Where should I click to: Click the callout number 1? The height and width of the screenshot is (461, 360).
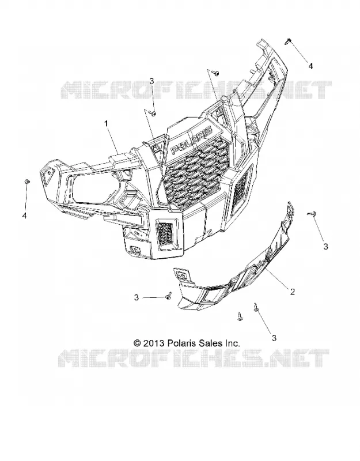[x=106, y=123]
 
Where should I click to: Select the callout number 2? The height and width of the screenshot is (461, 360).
[x=292, y=292]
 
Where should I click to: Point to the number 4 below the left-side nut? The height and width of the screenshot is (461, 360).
[x=24, y=216]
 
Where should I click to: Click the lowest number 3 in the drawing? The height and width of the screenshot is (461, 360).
[x=274, y=338]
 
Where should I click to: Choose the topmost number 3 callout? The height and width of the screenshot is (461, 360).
[x=151, y=81]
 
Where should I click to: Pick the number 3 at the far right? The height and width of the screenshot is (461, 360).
[x=325, y=247]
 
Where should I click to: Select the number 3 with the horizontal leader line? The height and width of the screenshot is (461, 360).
[x=137, y=297]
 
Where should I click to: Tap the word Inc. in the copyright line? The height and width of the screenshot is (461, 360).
[x=232, y=343]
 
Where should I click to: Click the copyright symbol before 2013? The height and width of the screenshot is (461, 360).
[x=138, y=343]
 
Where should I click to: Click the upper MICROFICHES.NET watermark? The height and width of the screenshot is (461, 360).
[x=196, y=90]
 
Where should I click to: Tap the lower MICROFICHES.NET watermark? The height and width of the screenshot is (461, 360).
[x=194, y=358]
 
